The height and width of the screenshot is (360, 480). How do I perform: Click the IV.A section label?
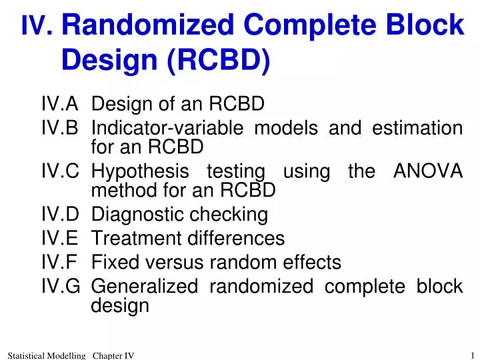tap(60, 105)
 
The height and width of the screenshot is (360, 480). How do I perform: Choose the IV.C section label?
tap(60, 171)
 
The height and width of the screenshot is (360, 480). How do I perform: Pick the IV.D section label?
tap(60, 215)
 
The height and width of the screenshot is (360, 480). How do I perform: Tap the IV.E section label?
tap(60, 238)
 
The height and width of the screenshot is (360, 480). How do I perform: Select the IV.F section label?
tap(60, 263)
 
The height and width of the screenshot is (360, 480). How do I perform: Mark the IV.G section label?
tap(61, 286)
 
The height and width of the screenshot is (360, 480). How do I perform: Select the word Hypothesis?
tap(141, 171)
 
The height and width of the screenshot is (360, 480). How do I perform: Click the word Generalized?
tap(144, 286)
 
